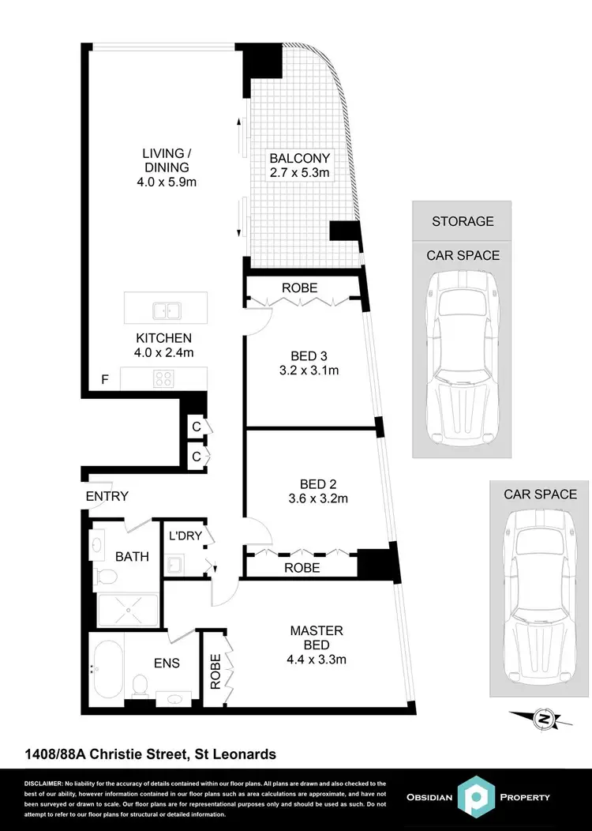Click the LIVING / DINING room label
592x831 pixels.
tap(166, 160)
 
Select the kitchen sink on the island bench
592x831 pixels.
tap(166, 310)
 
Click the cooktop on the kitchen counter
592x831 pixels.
tap(163, 378)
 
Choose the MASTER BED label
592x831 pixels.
tap(317, 637)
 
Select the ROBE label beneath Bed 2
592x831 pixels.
tap(302, 567)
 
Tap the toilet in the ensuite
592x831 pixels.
tap(141, 684)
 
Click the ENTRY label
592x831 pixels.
tap(107, 496)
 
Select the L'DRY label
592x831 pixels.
tap(186, 536)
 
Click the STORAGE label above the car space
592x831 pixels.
tap(463, 221)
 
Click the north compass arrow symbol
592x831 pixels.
tap(542, 719)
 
